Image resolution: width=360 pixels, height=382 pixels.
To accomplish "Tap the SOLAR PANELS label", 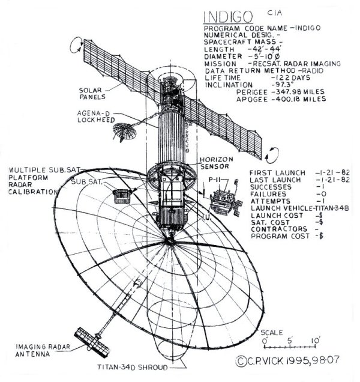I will [x=94, y=94].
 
